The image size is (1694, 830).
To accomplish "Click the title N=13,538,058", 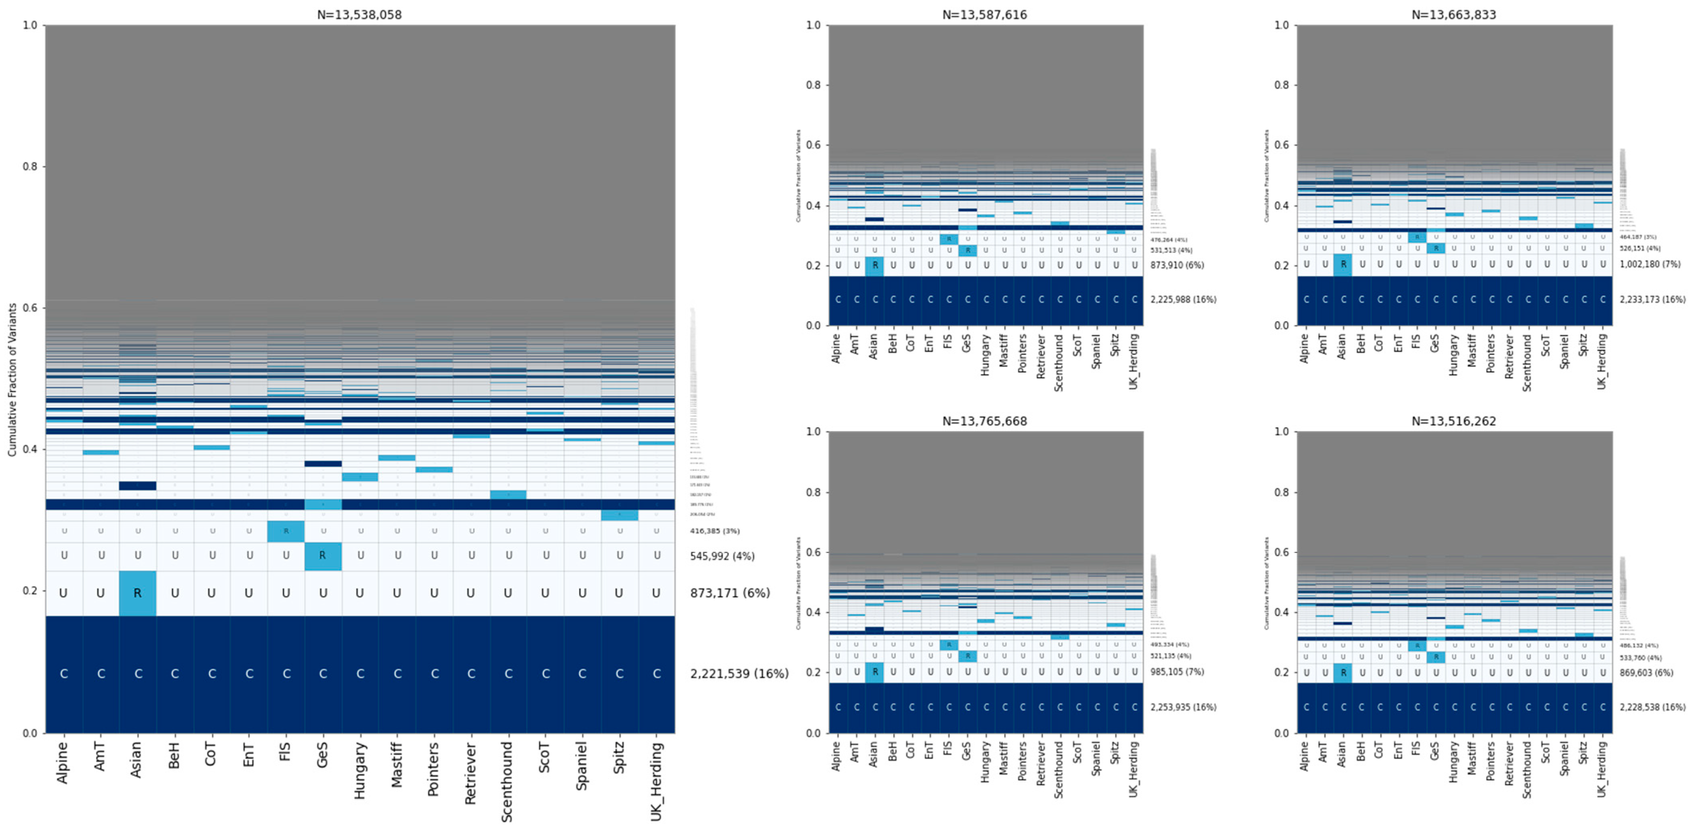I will tap(359, 14).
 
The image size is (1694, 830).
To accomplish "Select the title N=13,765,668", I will tap(984, 421).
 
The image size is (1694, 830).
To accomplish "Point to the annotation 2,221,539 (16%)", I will tap(739, 674).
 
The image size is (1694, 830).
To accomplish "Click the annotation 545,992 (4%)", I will tap(721, 556).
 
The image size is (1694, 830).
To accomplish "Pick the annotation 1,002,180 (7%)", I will tap(1649, 264).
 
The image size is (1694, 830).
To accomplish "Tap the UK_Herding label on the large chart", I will tap(656, 781).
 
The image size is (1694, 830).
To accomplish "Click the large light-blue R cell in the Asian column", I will tap(137, 593).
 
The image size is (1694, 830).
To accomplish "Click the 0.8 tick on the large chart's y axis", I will tap(30, 166).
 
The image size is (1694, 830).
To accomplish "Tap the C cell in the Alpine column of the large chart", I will tap(64, 674).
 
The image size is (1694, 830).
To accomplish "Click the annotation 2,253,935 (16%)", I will tap(1183, 707).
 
